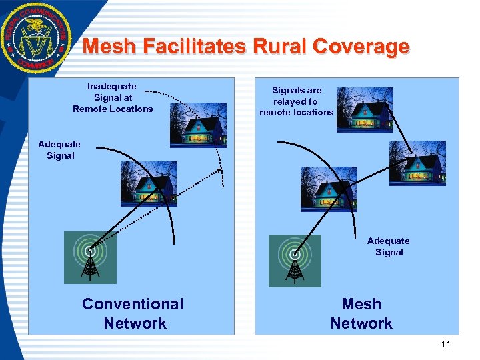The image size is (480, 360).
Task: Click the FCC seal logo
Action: pos(34,37)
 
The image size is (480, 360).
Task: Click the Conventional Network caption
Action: pos(133,313)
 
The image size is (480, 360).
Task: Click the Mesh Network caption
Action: pos(361,313)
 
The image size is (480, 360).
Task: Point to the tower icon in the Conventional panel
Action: pos(89,258)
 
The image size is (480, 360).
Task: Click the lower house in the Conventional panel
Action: pos(149,183)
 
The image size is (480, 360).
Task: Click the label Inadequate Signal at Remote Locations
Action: pos(112,97)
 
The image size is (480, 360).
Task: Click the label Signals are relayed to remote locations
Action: pos(296,101)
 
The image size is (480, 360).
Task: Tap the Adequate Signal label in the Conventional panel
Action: pos(59,150)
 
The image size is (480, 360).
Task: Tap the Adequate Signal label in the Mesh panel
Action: pos(389,247)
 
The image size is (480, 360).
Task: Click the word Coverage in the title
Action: pos(361,47)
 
